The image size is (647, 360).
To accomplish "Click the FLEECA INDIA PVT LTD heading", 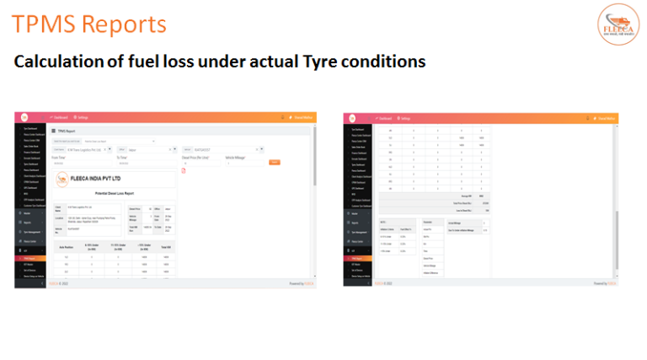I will [94, 178].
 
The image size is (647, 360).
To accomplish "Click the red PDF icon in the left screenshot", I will [184, 171].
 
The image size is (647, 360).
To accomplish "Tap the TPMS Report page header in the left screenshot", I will [69, 132].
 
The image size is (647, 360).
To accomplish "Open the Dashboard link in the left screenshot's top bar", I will [60, 117].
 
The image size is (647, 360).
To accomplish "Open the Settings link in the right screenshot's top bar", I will [407, 117].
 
